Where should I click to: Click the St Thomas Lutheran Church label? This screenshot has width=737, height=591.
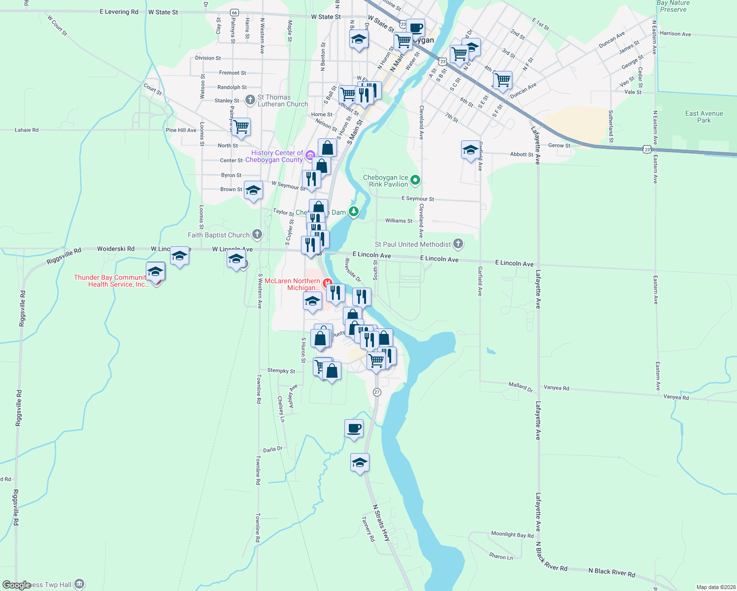[x=282, y=101]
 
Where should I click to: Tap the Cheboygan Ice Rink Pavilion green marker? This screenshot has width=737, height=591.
[x=415, y=180]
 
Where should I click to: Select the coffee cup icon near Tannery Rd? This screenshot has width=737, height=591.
[x=354, y=428]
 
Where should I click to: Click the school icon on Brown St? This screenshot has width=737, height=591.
[x=253, y=191]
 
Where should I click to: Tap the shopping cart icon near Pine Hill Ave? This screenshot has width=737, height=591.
[x=241, y=127]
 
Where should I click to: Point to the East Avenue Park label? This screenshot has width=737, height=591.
[x=704, y=117]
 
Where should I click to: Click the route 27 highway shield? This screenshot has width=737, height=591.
[x=377, y=392]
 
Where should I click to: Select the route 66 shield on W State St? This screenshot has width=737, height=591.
[x=234, y=13]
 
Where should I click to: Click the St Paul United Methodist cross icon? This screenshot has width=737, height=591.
[x=458, y=243]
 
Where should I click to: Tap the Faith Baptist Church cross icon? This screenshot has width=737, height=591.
[x=257, y=234]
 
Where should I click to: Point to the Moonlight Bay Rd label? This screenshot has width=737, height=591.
[x=512, y=534]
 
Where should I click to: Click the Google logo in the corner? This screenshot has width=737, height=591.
[x=16, y=585]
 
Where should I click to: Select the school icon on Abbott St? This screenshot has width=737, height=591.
[x=470, y=150]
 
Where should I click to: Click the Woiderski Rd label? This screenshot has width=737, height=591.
[x=115, y=249]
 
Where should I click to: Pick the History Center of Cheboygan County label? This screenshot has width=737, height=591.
[x=277, y=157]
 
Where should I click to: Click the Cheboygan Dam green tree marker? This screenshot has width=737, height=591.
[x=354, y=212]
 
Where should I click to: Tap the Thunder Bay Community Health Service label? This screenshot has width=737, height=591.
[x=111, y=281]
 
